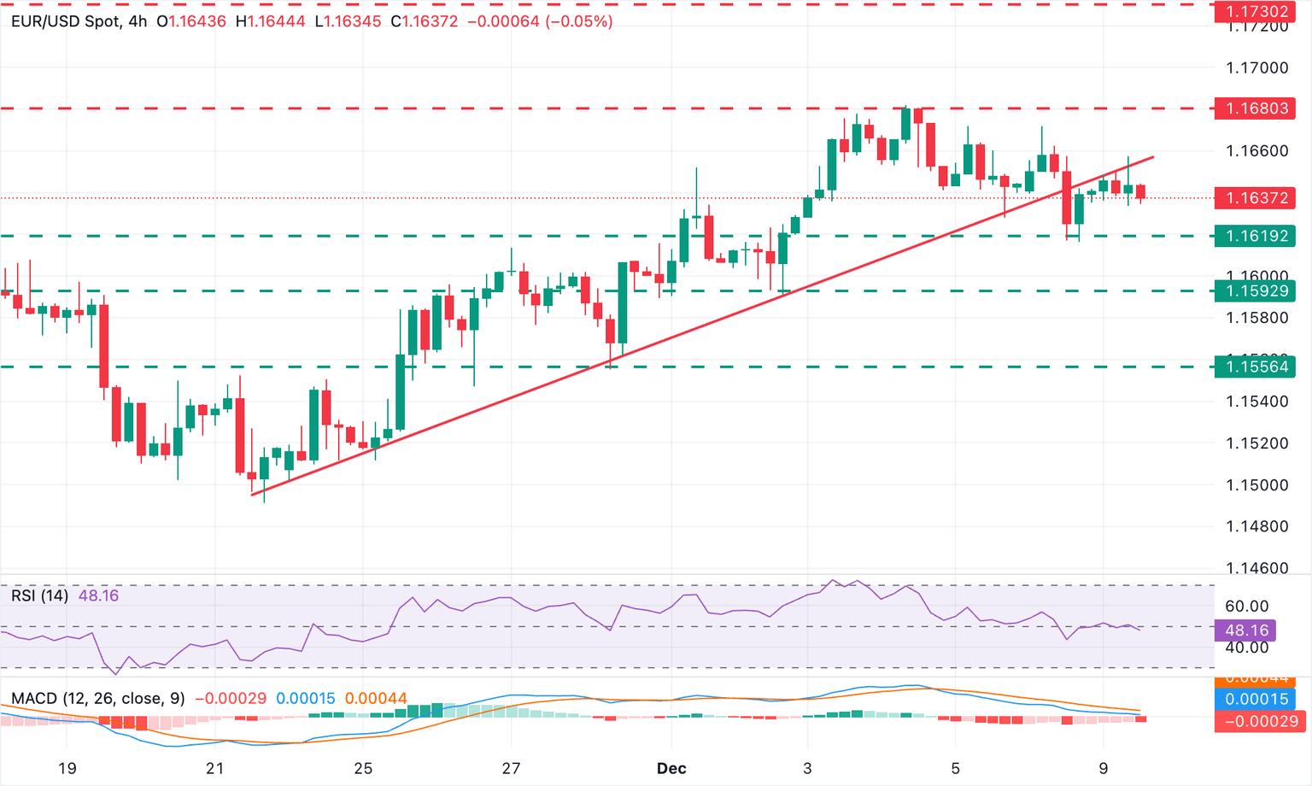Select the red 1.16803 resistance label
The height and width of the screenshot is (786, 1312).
pyautogui.click(x=1256, y=109)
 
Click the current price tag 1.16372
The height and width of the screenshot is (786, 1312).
pyautogui.click(x=1256, y=198)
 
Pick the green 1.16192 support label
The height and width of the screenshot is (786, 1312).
pyautogui.click(x=1256, y=236)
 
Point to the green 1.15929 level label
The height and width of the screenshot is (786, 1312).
pyautogui.click(x=1256, y=291)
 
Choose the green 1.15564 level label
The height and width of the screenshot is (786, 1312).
pyautogui.click(x=1256, y=367)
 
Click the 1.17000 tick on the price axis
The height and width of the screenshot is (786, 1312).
pyautogui.click(x=1256, y=68)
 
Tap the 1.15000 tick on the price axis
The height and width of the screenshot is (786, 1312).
pyautogui.click(x=1256, y=484)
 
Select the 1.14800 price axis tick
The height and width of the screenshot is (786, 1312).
pyautogui.click(x=1256, y=526)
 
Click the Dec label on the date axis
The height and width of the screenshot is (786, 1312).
pyautogui.click(x=671, y=768)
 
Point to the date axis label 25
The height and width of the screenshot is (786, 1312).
pyautogui.click(x=363, y=768)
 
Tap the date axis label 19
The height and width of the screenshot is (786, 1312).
pyautogui.click(x=67, y=768)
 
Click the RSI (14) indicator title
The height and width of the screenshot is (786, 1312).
pyautogui.click(x=39, y=595)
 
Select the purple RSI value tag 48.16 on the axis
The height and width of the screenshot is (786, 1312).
pyautogui.click(x=1246, y=631)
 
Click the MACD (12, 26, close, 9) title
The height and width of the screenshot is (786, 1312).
pyautogui.click(x=98, y=699)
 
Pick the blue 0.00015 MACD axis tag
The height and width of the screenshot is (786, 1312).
pyautogui.click(x=1256, y=699)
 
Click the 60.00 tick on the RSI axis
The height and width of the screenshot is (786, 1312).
pyautogui.click(x=1246, y=607)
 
